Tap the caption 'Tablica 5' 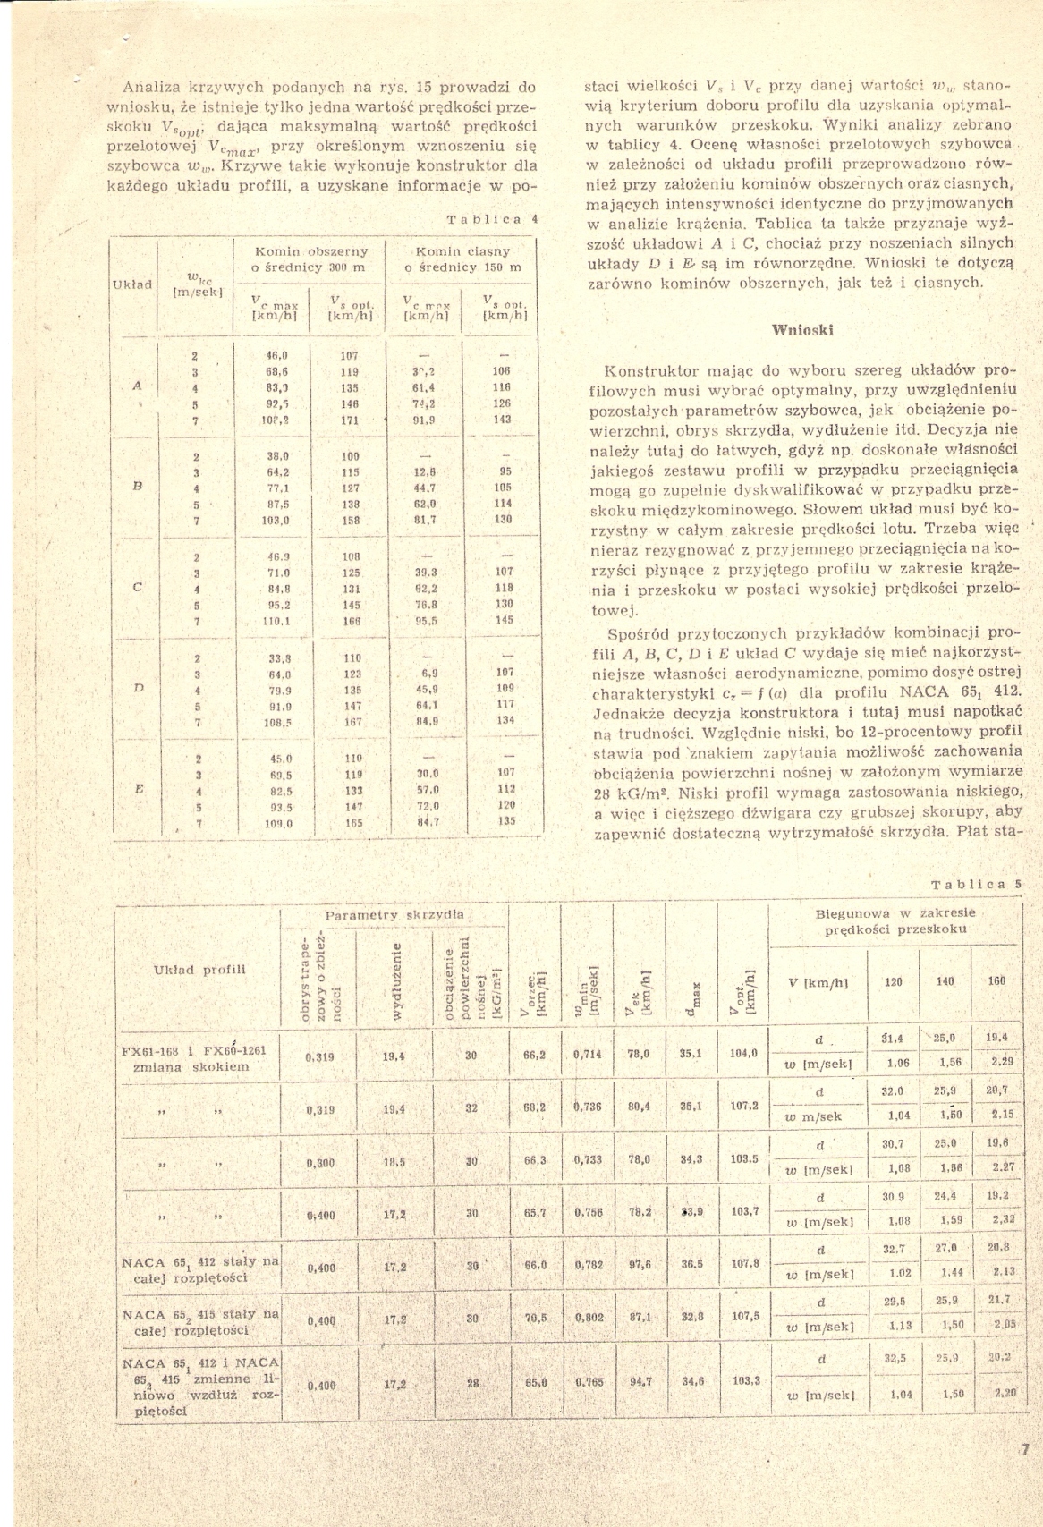(977, 884)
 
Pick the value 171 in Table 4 (350, 420)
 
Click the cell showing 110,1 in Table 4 (272, 620)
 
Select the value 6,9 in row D (428, 672)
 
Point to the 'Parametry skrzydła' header (394, 916)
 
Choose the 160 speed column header (996, 980)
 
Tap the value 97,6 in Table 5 (638, 1265)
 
